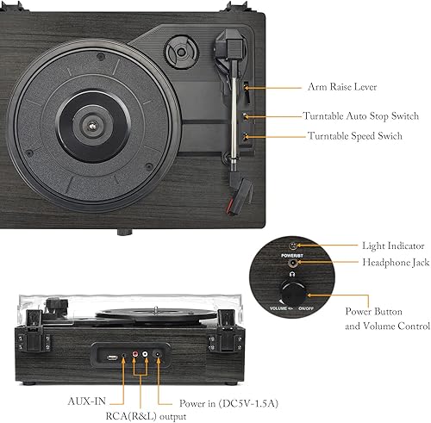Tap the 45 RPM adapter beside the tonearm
pyautogui.click(x=180, y=52)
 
